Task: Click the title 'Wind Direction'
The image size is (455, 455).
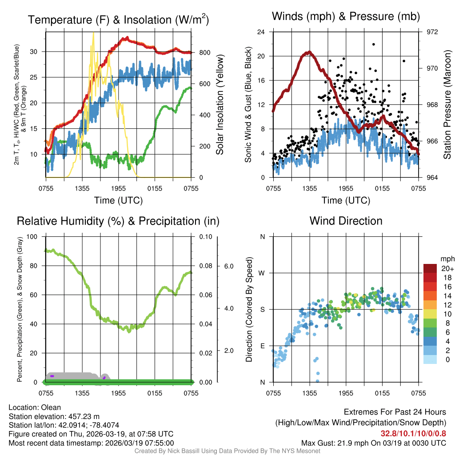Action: click(x=346, y=221)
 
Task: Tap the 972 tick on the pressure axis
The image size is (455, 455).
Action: click(x=432, y=32)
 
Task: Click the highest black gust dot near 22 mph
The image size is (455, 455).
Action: click(x=374, y=44)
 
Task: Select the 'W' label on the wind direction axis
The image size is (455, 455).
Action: click(x=262, y=273)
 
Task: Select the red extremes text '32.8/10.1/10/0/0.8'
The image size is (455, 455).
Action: click(x=413, y=433)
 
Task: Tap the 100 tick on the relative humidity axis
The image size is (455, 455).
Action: click(x=32, y=236)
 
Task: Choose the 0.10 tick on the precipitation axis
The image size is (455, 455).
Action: click(x=205, y=236)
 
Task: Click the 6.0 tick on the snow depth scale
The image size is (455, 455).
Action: click(x=228, y=266)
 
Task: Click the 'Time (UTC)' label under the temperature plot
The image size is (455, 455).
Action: click(x=118, y=200)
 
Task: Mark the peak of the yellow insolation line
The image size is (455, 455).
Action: click(x=93, y=33)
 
